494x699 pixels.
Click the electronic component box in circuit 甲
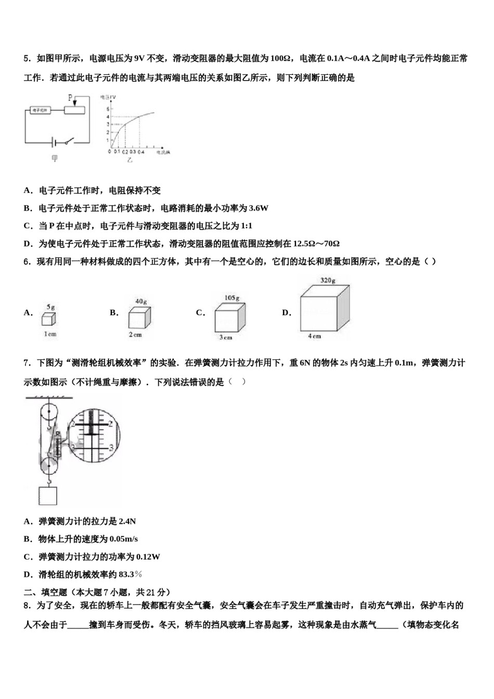[40, 110]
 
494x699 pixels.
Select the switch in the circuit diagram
[68, 141]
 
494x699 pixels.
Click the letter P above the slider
[71, 97]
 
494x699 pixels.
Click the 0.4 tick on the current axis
[141, 151]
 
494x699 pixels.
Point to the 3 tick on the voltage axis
[108, 124]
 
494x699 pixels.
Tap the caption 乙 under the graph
[130, 160]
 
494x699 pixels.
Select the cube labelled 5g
[49, 318]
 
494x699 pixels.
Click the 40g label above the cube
[141, 302]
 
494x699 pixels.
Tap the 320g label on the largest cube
[328, 280]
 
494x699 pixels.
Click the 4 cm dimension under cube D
[315, 336]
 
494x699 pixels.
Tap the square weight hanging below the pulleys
[48, 495]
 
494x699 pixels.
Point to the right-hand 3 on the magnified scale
[111, 447]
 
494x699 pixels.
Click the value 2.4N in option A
[127, 521]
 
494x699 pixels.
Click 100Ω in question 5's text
[281, 58]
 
